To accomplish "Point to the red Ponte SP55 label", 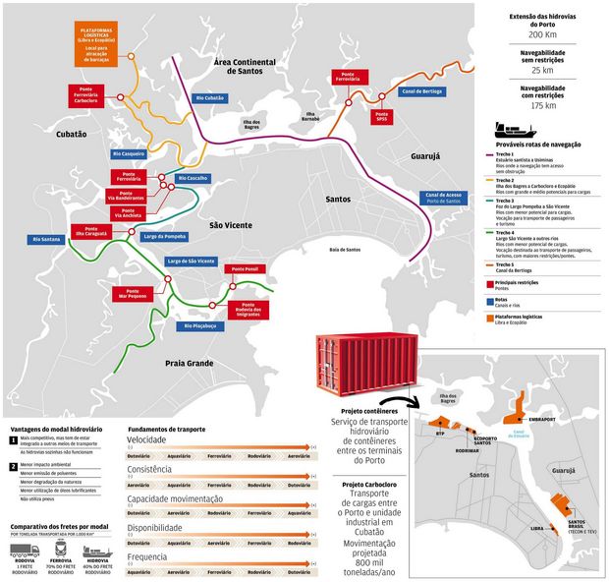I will [382, 117].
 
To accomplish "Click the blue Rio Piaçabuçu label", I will [204, 325].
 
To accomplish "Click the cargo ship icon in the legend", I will [514, 130].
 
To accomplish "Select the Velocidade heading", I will [146, 439].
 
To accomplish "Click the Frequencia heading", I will [147, 556].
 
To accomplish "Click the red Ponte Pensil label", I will [242, 269].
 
